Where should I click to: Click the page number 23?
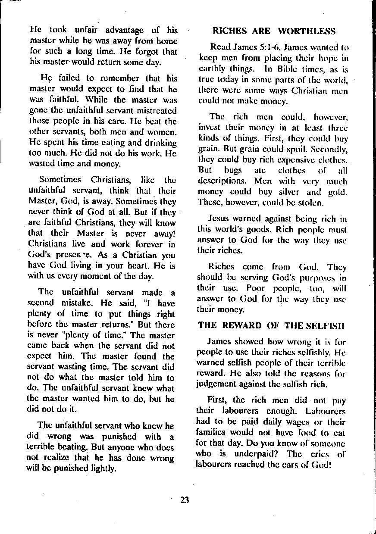point(185,500)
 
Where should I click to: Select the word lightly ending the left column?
point(103,468)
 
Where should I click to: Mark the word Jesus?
point(218,219)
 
